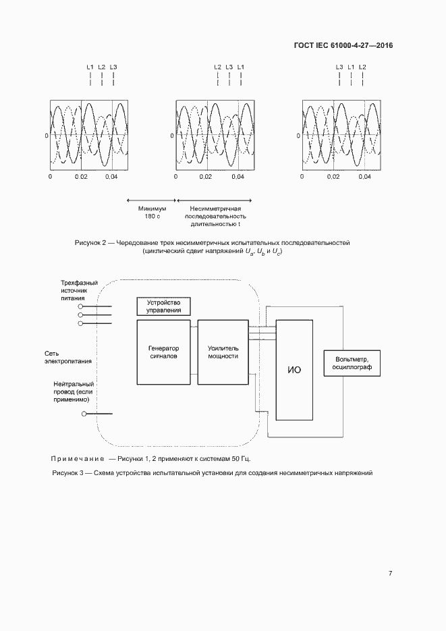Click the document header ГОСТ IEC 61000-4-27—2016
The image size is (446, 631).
pyautogui.click(x=343, y=46)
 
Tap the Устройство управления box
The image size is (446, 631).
pyautogui.click(x=163, y=306)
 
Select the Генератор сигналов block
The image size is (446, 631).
pyautogui.click(x=163, y=352)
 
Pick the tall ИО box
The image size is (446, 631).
pyautogui.click(x=294, y=370)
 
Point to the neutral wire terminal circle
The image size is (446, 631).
pyautogui.click(x=84, y=414)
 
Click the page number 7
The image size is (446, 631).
pyautogui.click(x=390, y=573)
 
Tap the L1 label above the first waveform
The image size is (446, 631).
pyautogui.click(x=90, y=67)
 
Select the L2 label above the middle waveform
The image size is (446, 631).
pyautogui.click(x=217, y=67)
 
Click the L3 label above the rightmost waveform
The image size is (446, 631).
pyautogui.click(x=339, y=67)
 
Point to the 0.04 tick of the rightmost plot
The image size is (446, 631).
pyautogui.click(x=364, y=177)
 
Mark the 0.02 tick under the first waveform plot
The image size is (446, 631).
pyautogui.click(x=81, y=177)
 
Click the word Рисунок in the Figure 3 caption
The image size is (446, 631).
pyautogui.click(x=65, y=472)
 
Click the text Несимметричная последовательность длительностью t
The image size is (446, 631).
pyautogui.click(x=215, y=216)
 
